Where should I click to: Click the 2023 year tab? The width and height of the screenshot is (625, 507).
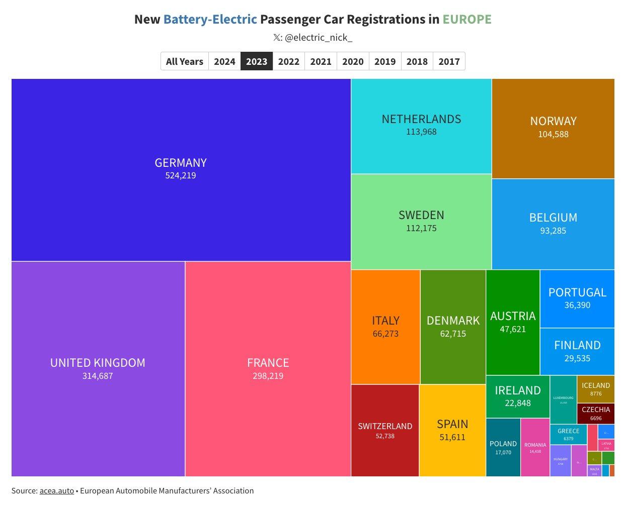257,61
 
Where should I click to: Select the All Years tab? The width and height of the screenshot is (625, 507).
184,61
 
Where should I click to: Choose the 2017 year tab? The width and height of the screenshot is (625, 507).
449,61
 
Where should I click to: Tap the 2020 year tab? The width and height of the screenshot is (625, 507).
353,61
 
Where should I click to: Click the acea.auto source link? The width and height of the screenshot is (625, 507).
57,490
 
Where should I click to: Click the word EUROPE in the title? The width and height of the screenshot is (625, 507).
467,20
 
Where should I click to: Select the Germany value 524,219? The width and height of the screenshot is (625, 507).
181,176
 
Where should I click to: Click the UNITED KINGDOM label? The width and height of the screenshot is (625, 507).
98,363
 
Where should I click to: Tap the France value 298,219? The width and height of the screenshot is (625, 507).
268,376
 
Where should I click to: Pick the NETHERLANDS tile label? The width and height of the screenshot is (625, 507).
421,119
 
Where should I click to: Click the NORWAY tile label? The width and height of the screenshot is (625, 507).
553,121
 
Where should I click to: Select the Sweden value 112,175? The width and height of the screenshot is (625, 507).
421,228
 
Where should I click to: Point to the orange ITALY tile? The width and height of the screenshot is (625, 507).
385,327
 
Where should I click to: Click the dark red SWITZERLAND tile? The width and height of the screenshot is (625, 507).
385,430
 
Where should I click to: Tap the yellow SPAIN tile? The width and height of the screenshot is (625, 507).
452,430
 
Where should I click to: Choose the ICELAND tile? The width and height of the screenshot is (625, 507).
596,388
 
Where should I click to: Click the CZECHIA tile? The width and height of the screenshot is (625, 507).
596,413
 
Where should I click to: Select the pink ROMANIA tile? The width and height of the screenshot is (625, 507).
535,447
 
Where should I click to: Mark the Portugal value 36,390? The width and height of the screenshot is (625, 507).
577,305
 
